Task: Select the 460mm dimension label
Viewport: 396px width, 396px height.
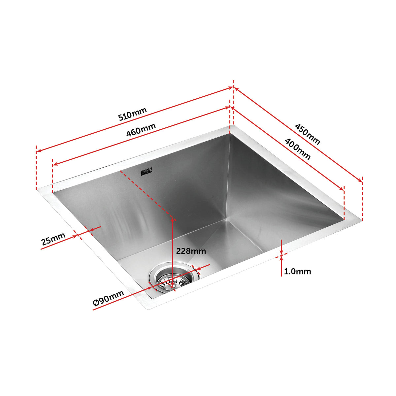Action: coord(141,130)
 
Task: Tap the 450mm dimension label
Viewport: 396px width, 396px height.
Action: coord(307,134)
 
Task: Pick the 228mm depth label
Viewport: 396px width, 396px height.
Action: coord(191,251)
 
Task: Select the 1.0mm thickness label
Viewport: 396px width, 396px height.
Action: coord(297,271)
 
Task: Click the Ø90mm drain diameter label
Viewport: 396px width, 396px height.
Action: coord(109,298)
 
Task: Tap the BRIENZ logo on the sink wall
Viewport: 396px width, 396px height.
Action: coord(147,172)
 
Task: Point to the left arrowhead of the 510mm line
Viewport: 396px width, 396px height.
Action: coord(38,151)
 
